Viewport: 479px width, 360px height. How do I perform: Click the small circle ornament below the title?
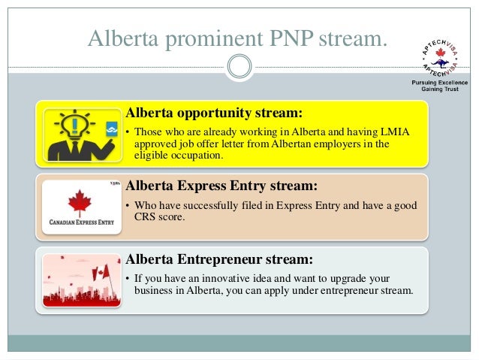click(x=239, y=66)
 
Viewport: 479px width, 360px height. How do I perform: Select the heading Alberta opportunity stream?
click(x=214, y=113)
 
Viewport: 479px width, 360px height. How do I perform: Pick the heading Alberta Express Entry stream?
click(x=221, y=185)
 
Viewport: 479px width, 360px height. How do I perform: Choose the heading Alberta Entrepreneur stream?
click(x=218, y=260)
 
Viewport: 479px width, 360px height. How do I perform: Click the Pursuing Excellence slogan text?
click(x=438, y=81)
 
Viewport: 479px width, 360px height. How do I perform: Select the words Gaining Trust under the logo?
click(x=438, y=89)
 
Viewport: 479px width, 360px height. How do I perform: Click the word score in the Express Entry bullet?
click(x=180, y=217)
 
